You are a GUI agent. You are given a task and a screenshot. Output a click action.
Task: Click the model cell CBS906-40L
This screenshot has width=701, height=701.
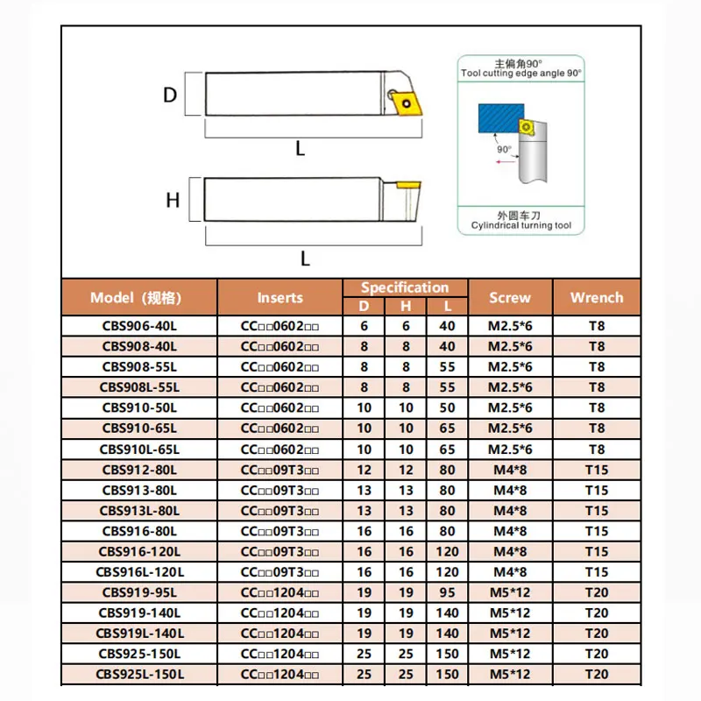pos(138,325)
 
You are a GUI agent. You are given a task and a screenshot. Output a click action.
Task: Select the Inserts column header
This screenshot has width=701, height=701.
pos(280,297)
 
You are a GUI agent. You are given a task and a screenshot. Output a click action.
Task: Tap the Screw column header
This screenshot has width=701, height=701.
pos(510,297)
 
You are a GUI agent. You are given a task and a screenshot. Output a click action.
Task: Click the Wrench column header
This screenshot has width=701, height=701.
pos(596,297)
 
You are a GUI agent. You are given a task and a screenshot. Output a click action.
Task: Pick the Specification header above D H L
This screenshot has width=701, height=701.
pos(405,287)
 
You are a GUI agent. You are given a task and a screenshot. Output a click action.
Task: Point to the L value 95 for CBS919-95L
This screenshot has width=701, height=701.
pos(448,592)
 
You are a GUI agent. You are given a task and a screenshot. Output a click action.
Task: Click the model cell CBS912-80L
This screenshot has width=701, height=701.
pos(138,470)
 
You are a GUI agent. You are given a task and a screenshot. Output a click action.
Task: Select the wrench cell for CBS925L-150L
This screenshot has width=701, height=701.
pos(596,674)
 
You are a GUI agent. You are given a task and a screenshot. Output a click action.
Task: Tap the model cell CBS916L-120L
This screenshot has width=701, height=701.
pos(138,572)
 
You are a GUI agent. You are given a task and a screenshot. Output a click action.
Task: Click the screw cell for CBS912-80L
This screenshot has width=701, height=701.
pos(510,470)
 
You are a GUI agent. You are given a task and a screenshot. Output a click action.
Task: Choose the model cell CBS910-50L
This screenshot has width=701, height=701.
pos(138,407)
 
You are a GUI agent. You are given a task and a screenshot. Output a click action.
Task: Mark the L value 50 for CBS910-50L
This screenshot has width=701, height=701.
pos(448,407)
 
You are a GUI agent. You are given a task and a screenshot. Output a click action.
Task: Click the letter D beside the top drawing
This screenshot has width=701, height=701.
pos(170,95)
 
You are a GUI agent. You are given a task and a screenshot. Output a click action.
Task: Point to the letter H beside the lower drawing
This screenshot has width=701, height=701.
pos(173,201)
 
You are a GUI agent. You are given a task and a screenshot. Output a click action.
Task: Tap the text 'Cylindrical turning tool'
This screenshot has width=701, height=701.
pos(520,226)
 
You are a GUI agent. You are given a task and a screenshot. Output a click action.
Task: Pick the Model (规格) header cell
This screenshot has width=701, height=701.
pos(138,297)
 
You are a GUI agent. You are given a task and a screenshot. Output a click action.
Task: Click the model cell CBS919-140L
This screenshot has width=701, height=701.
pos(138,612)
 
